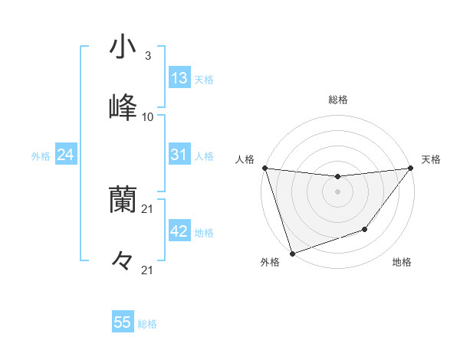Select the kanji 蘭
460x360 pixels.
(x=123, y=200)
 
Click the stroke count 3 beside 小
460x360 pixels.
(x=147, y=56)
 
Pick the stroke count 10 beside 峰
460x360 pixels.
(x=147, y=116)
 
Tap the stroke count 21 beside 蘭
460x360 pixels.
(x=148, y=208)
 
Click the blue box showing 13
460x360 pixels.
(x=179, y=78)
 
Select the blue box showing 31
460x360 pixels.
(x=179, y=155)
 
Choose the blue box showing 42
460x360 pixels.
(x=179, y=231)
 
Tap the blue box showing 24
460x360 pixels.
(x=66, y=155)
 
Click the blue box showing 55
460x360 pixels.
(x=123, y=322)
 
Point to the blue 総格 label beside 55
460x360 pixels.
(x=147, y=324)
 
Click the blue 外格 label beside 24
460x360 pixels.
(x=41, y=156)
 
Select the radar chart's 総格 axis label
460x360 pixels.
(x=337, y=100)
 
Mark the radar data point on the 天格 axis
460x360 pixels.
(x=410, y=169)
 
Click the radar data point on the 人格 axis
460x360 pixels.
(x=264, y=168)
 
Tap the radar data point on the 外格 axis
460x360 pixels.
(x=292, y=253)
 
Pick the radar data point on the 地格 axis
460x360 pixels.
(x=365, y=229)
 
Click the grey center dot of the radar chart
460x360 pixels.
(x=337, y=191)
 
